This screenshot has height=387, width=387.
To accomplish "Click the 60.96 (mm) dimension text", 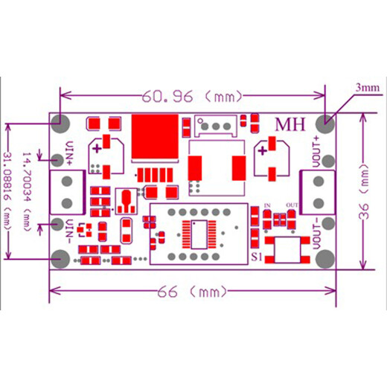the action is [192, 96].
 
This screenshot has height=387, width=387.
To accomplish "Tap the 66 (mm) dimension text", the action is [192, 292].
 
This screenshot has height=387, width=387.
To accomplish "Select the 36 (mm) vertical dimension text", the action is [365, 191].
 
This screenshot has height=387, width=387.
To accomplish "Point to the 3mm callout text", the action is [368, 88].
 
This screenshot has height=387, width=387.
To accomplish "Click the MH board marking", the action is [290, 124].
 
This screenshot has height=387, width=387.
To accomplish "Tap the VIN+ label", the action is [70, 153].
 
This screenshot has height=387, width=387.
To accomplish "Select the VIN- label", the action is [70, 231].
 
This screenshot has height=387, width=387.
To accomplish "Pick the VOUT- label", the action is [316, 234].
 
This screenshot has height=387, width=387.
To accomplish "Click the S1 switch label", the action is [257, 258].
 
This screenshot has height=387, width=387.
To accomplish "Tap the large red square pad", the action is [155, 136].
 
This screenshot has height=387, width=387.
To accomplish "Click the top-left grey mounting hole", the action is [60, 124].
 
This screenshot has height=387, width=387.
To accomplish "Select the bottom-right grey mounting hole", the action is [325, 259].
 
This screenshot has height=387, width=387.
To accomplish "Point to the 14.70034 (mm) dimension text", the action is [27, 191].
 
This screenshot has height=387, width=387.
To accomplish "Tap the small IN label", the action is [267, 205].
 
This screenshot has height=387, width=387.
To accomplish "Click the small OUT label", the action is [292, 205].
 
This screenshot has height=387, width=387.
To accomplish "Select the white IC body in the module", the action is [199, 234].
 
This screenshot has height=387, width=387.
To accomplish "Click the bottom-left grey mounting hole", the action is [60, 259].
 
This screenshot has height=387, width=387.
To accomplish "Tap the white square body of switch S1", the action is [288, 250].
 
